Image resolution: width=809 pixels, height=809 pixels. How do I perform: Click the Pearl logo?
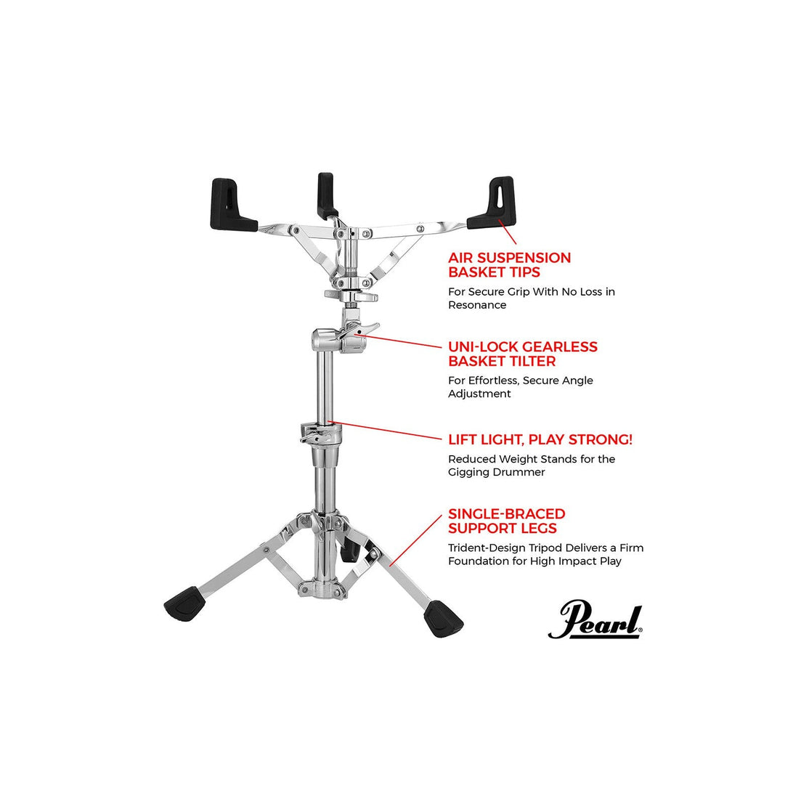click(595, 619)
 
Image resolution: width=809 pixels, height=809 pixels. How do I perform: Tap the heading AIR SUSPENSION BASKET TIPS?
click(509, 264)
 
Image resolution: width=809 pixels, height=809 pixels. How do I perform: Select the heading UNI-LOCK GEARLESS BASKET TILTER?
click(523, 354)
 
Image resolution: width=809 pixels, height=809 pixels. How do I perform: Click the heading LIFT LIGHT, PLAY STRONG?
click(540, 439)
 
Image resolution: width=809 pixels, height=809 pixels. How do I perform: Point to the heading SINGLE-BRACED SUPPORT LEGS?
click(507, 521)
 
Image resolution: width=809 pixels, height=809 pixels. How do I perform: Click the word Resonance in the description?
click(477, 305)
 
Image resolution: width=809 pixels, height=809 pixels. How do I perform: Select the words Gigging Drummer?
click(496, 472)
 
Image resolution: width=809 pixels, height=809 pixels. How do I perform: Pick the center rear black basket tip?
click(326, 194)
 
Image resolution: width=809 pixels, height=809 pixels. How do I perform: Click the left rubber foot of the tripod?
click(184, 603)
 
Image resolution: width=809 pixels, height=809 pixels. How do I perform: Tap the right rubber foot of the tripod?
click(443, 619)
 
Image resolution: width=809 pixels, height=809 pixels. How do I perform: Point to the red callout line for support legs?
click(416, 540)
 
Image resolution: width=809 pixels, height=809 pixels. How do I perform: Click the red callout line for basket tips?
click(507, 232)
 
